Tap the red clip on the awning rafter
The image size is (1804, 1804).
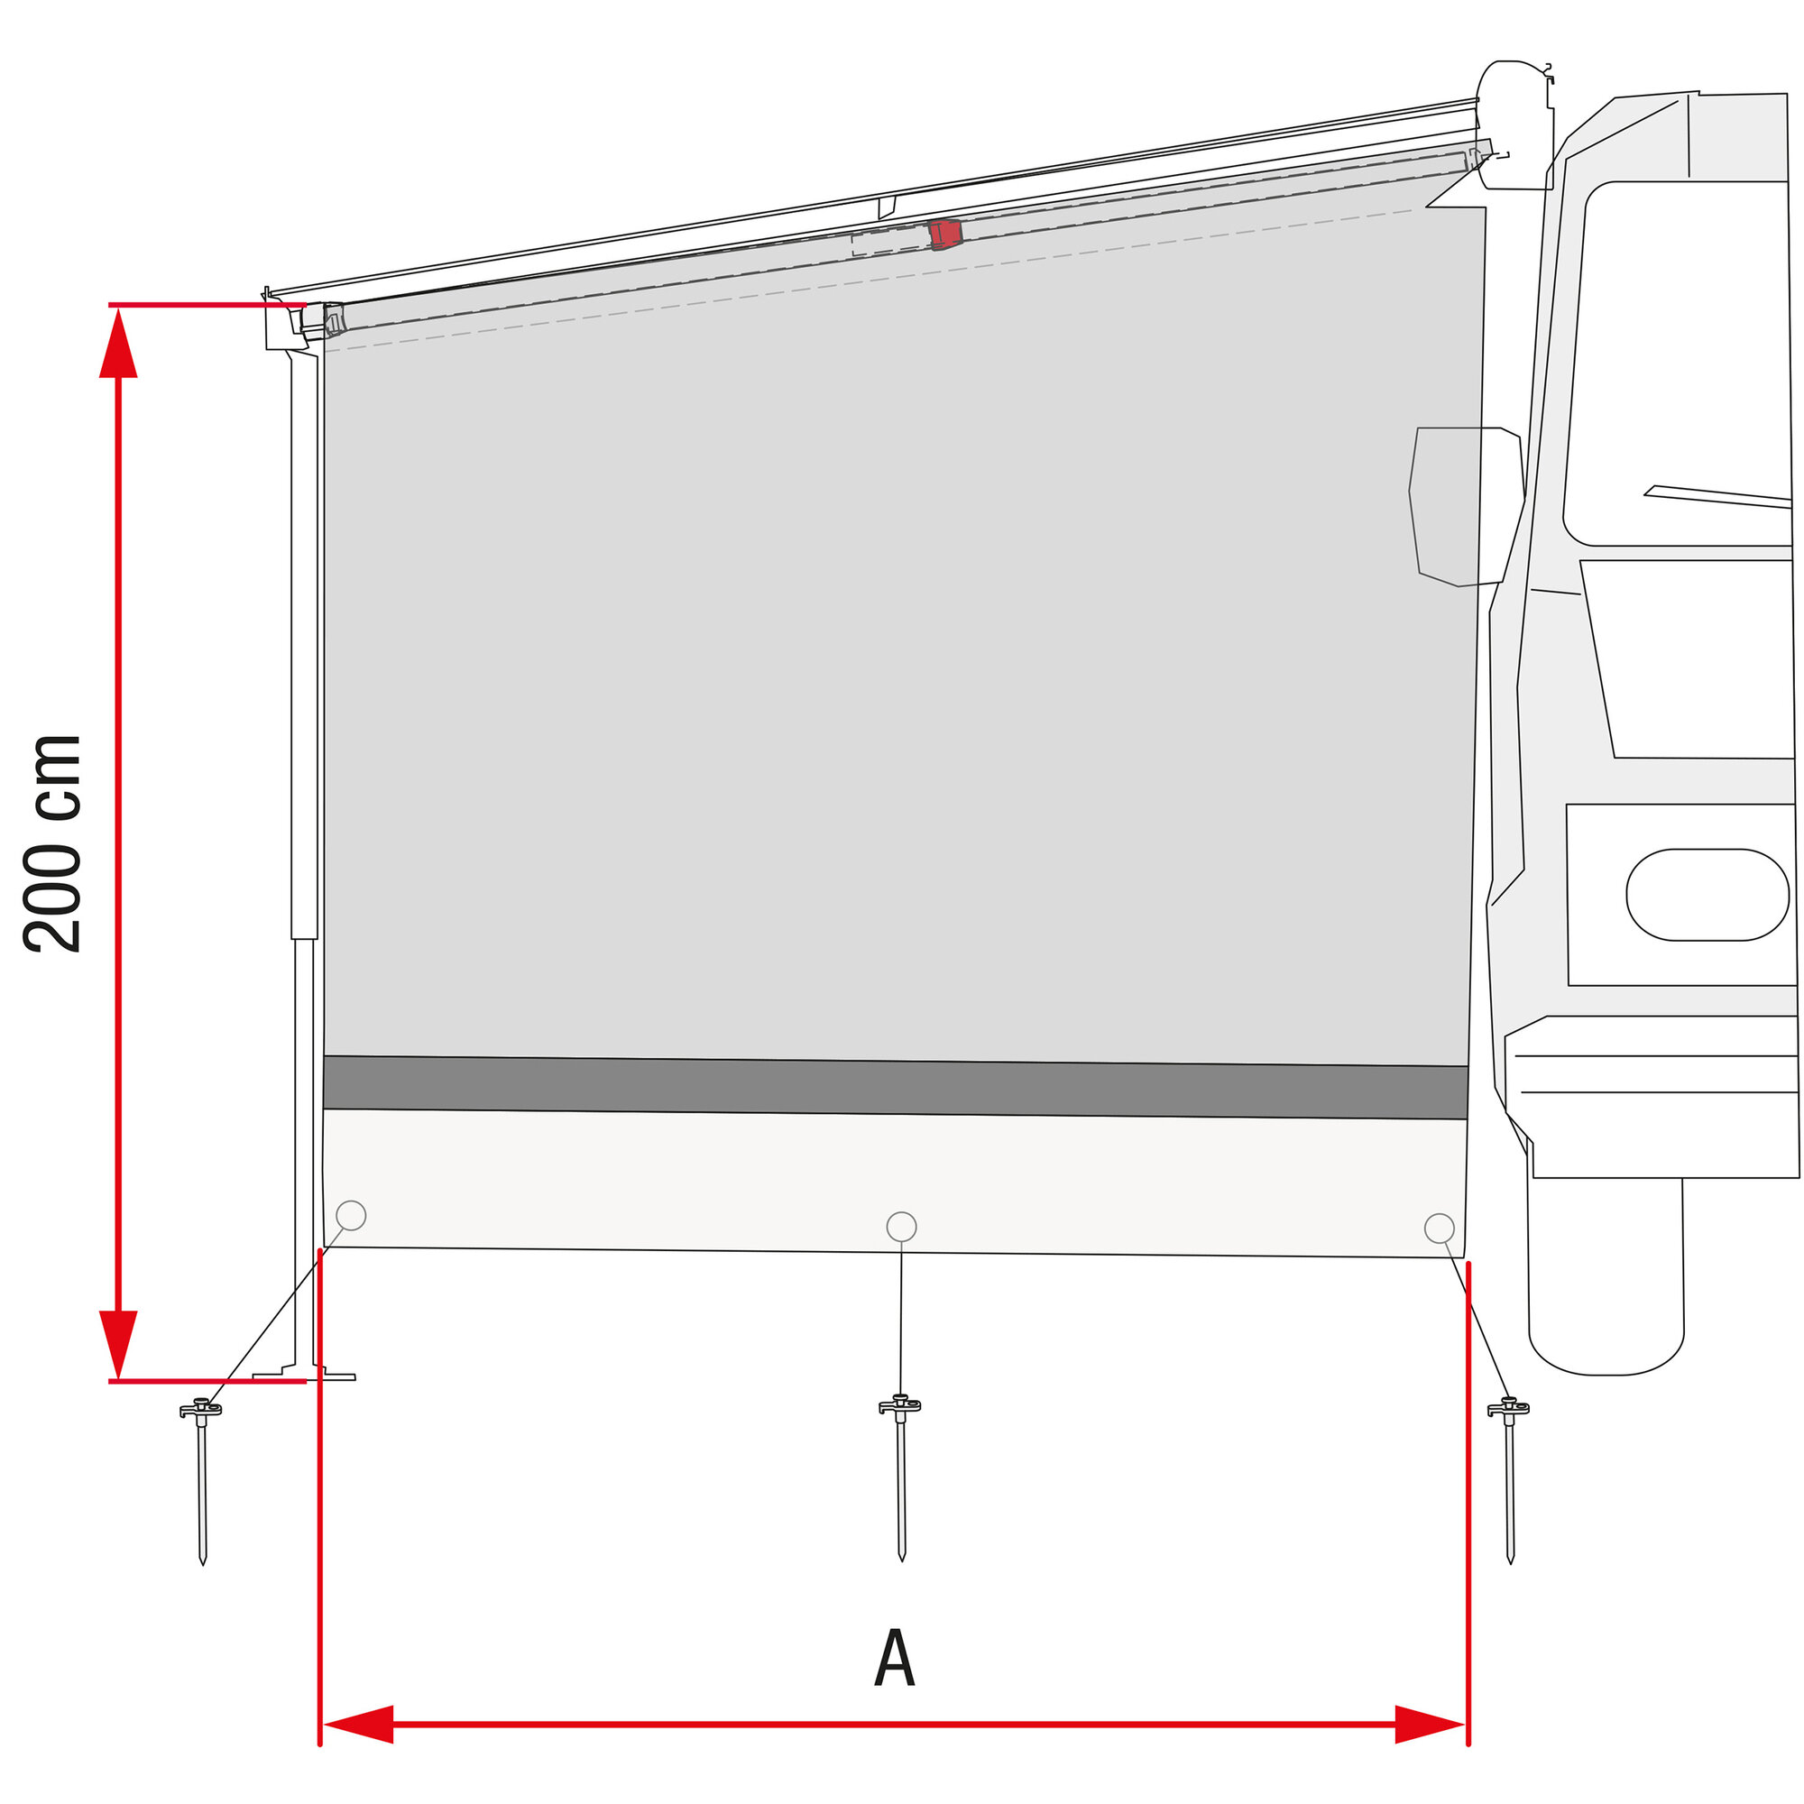click(945, 235)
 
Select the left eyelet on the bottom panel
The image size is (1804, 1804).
click(350, 1216)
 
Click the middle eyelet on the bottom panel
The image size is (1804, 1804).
click(901, 1227)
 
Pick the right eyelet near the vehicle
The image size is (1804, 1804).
click(1439, 1228)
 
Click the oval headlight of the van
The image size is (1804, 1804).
click(1707, 895)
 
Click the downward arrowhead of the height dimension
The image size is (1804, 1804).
click(118, 1343)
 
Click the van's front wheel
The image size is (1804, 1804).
click(1606, 1279)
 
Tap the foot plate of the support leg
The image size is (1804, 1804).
click(304, 1375)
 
